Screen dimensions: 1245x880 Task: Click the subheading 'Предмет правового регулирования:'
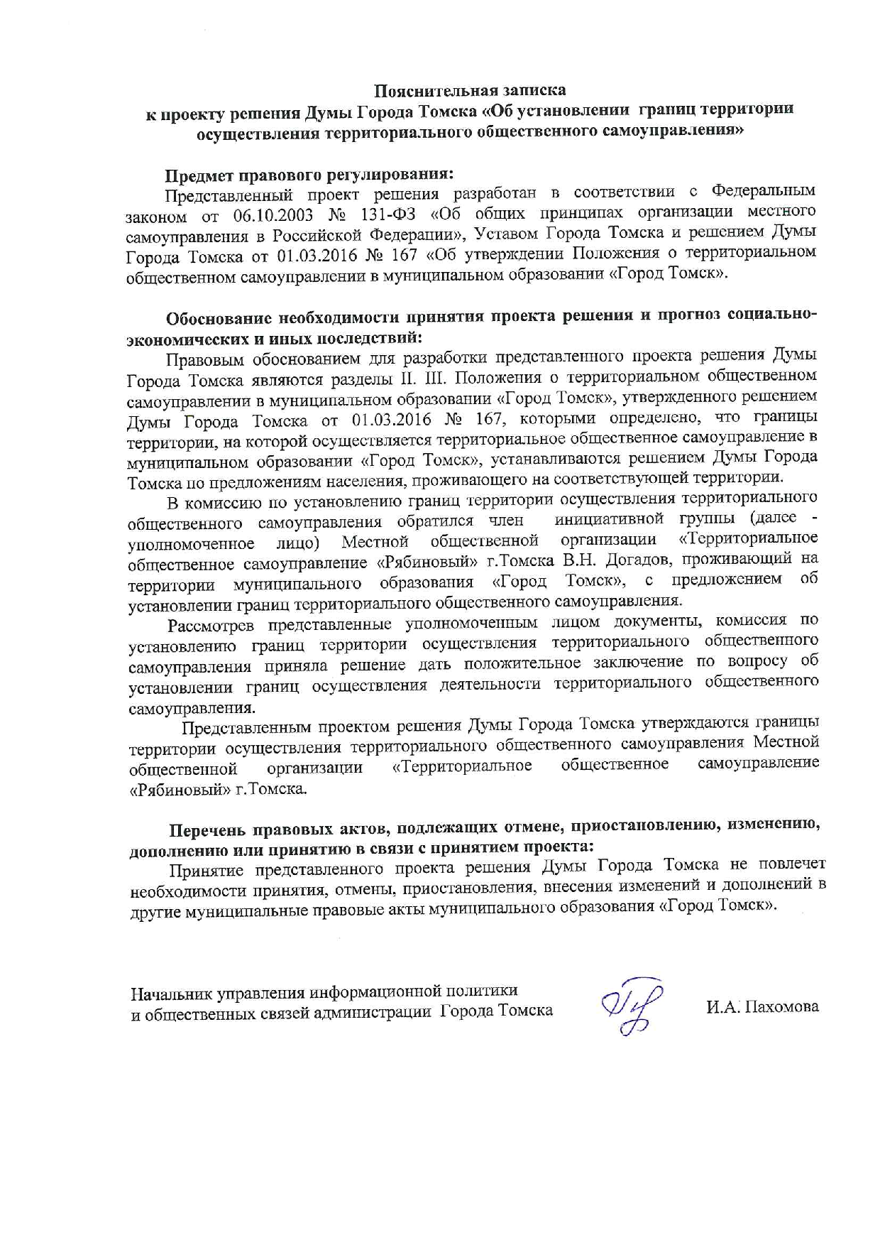(309, 173)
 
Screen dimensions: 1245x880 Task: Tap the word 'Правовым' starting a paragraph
(203, 357)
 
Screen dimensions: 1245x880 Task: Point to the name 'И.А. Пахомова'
(761, 1006)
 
